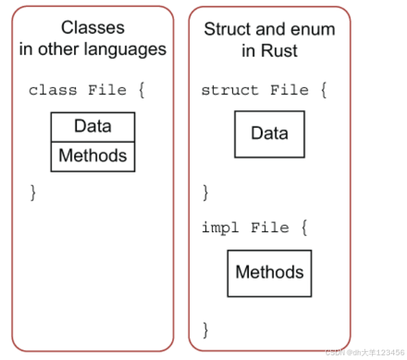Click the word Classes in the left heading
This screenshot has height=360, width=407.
coord(92,28)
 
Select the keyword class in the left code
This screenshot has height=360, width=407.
coord(53,90)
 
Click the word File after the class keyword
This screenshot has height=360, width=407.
coord(107,90)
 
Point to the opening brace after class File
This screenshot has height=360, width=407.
coord(141,90)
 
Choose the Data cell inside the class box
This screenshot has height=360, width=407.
coord(92,127)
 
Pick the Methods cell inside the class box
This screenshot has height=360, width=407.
coord(92,156)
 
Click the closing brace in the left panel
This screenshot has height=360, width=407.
coord(32,192)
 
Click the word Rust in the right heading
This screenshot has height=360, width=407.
coord(279,51)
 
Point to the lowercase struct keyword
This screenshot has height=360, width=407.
coord(230,90)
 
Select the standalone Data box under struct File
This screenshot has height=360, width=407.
coord(269,134)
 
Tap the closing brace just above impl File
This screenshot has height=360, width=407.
coord(205,192)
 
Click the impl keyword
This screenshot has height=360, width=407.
coord(220,227)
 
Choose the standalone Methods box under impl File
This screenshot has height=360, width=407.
coord(269,272)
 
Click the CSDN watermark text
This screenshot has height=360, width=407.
coord(365,352)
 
